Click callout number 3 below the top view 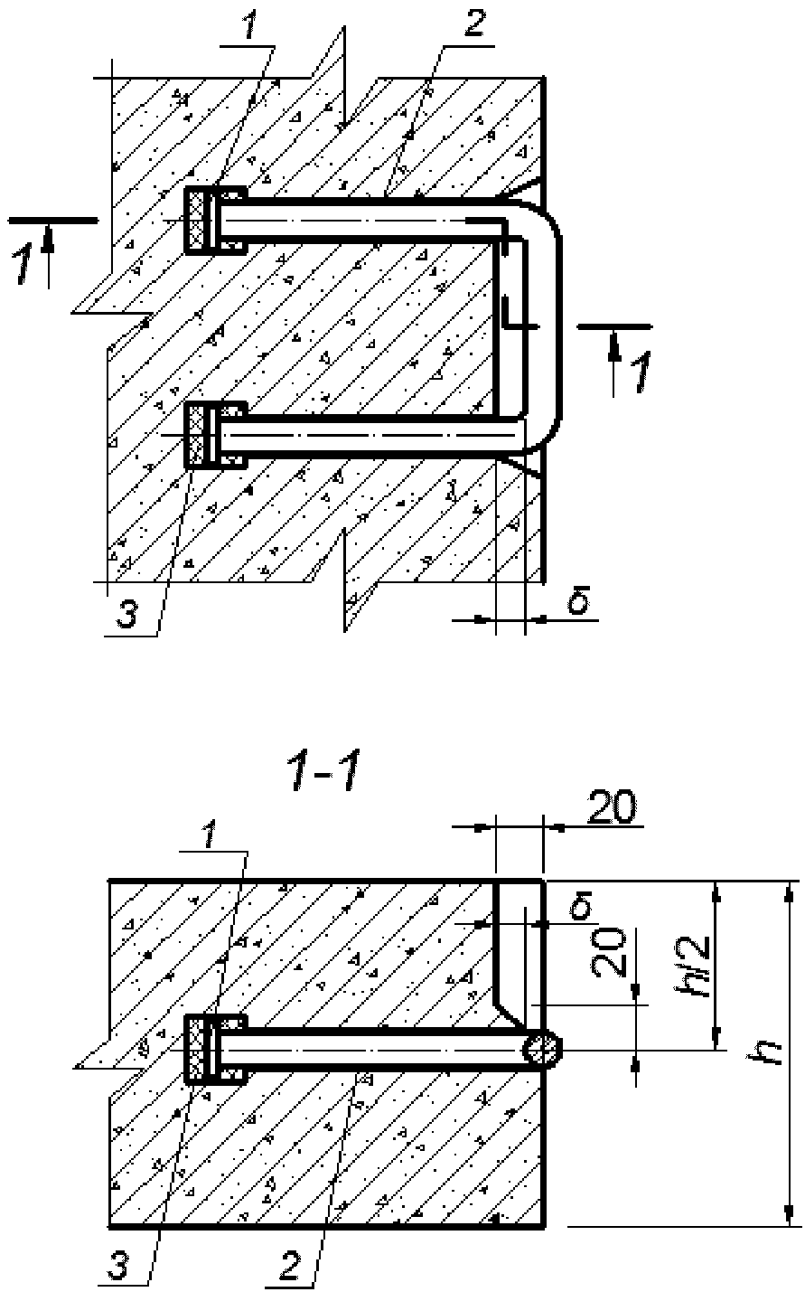pos(126,615)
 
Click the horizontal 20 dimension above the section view pos(612,806)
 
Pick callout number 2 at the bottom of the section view pos(290,1268)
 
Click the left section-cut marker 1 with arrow pos(33,254)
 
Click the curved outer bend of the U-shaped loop pos(557,325)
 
